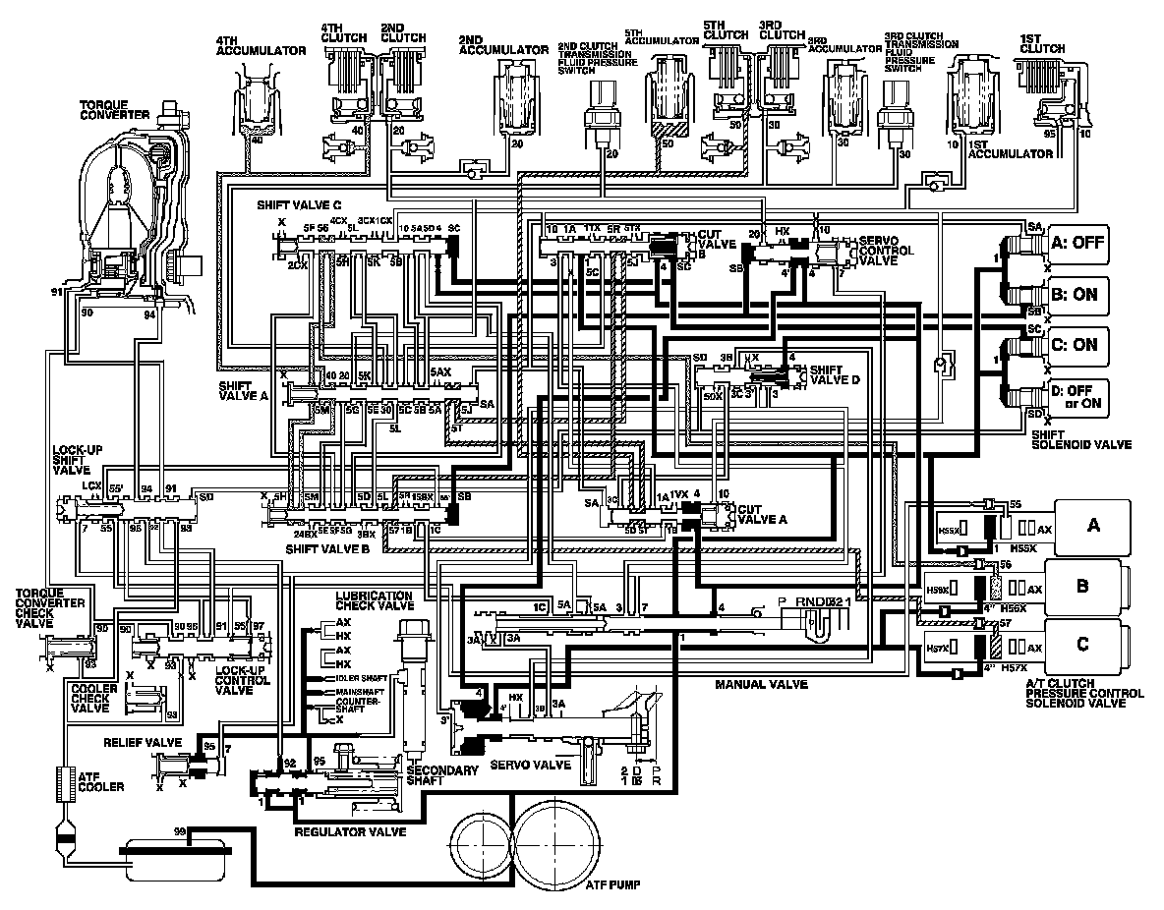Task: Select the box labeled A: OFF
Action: (x=1077, y=244)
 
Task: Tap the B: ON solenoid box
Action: (x=1077, y=294)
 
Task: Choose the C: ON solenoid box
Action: (x=1077, y=345)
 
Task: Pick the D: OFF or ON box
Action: (x=1077, y=396)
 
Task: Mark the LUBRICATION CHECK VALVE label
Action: (x=374, y=602)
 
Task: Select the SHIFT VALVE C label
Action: (x=299, y=206)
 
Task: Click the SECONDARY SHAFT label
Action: (x=433, y=776)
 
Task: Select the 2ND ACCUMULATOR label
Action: (x=502, y=49)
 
